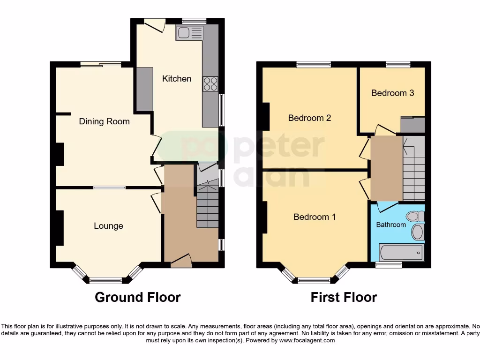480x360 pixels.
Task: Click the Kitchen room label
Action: coord(177,79)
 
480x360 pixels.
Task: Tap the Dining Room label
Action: coord(104,121)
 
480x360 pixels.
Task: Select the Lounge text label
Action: coord(108,226)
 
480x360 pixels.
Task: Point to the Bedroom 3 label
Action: coord(392,93)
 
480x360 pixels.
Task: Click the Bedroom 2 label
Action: coord(309,118)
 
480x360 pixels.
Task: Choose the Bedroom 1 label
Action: coord(315,217)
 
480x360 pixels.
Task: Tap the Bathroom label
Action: coord(391,225)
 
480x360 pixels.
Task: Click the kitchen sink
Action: coord(189,33)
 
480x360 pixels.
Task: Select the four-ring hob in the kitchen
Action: coord(210,84)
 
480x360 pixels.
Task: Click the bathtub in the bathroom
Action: coord(401,253)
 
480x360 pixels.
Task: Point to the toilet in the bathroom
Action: coord(415,217)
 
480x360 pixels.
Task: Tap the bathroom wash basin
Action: coord(417,232)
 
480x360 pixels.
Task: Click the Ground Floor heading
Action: coord(137,297)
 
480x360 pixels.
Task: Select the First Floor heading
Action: coord(344,297)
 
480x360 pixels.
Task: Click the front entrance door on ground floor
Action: coord(181,262)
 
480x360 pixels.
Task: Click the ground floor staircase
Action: coord(207,204)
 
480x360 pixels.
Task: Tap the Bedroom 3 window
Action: coord(397,65)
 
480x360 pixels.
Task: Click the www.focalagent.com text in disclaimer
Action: coord(307,341)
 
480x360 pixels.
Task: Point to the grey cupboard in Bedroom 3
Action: coord(412,125)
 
